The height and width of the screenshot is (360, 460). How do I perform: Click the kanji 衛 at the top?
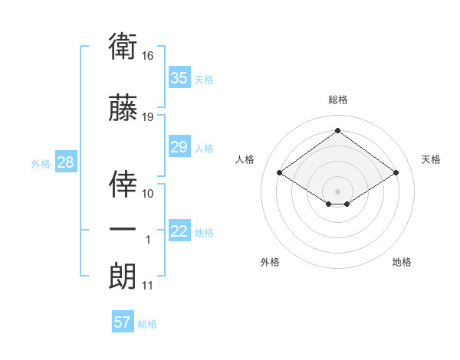pyautogui.click(x=123, y=46)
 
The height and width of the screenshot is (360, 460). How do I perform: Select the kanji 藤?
pyautogui.click(x=123, y=107)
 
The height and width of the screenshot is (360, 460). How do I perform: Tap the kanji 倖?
pyautogui.click(x=123, y=184)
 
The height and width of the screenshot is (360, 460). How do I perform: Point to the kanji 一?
pyautogui.click(x=123, y=229)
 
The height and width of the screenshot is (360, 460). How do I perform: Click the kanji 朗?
pyautogui.click(x=123, y=276)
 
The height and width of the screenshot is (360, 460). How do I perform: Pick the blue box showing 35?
pyautogui.click(x=179, y=77)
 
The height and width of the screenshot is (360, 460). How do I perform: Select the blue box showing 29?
pyautogui.click(x=179, y=146)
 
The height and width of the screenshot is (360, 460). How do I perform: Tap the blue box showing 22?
pyautogui.click(x=179, y=230)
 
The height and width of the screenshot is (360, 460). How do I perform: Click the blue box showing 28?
pyautogui.click(x=66, y=162)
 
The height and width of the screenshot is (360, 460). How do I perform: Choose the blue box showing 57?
pyautogui.click(x=123, y=321)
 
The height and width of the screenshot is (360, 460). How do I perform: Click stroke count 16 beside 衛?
pyautogui.click(x=147, y=56)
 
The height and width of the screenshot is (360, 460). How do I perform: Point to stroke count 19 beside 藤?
pyautogui.click(x=147, y=117)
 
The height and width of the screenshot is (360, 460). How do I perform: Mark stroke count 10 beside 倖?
pyautogui.click(x=147, y=194)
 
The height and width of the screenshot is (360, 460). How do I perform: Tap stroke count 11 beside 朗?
pyautogui.click(x=147, y=286)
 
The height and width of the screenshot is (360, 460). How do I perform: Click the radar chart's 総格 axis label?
pyautogui.click(x=338, y=100)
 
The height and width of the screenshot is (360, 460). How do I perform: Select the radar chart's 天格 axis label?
pyautogui.click(x=431, y=160)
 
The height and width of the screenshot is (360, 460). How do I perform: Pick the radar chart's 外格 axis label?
pyautogui.click(x=270, y=262)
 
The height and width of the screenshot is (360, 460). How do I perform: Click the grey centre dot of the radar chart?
pyautogui.click(x=337, y=191)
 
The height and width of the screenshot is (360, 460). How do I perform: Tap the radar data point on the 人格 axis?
pyautogui.click(x=280, y=172)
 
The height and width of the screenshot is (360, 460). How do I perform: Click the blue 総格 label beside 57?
pyautogui.click(x=147, y=324)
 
